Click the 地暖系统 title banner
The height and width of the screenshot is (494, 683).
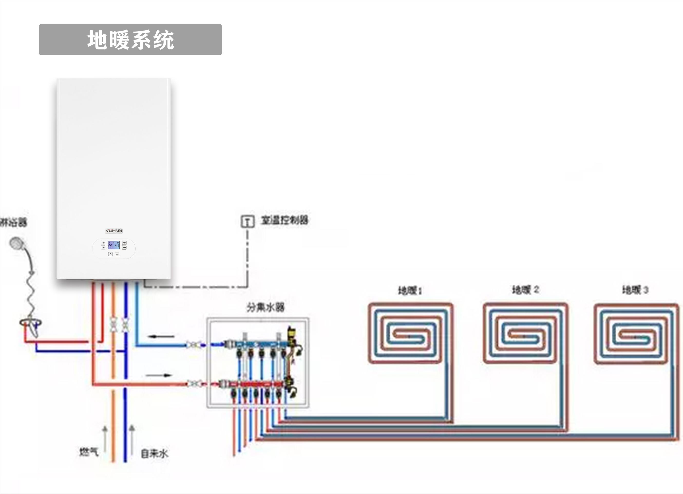click(x=130, y=40)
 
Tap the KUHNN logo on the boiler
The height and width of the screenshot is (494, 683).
click(x=114, y=231)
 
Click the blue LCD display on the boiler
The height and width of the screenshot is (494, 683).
click(x=113, y=245)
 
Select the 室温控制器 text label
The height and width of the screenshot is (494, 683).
click(x=284, y=220)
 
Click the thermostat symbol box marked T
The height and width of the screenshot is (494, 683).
click(x=248, y=221)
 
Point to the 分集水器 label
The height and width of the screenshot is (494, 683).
click(x=265, y=307)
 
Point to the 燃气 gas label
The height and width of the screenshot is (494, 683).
click(x=89, y=452)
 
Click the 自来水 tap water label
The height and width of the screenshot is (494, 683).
click(x=154, y=454)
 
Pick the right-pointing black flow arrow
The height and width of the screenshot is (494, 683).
click(x=159, y=375)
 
